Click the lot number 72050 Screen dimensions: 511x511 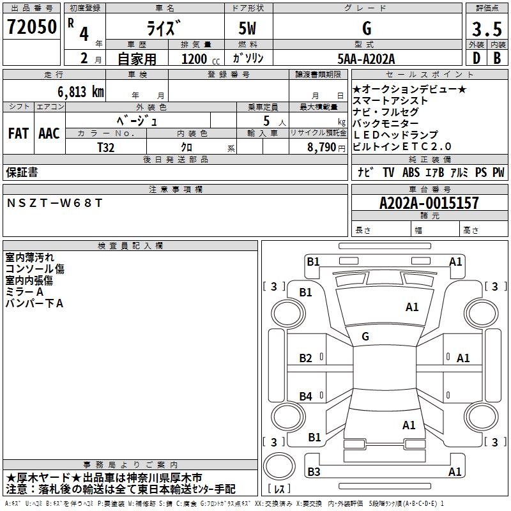pos(32,27)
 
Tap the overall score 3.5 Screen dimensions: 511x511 pos(487,29)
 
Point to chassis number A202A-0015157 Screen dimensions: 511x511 pos(429,203)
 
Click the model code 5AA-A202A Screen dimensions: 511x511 pos(366,59)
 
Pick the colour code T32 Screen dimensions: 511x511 pos(106,147)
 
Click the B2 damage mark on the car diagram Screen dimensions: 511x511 pos(306,358)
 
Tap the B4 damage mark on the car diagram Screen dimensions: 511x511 pos(306,397)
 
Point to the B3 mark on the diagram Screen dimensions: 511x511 pos(313,472)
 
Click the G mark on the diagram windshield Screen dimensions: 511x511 pos(365,336)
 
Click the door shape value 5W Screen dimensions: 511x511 pos(248,29)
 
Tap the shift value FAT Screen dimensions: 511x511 pos(18,133)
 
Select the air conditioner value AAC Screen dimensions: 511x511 pos(49,133)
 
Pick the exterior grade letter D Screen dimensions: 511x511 pos(475,58)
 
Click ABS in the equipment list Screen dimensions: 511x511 pos(412,172)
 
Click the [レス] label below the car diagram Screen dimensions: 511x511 pos(279,489)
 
